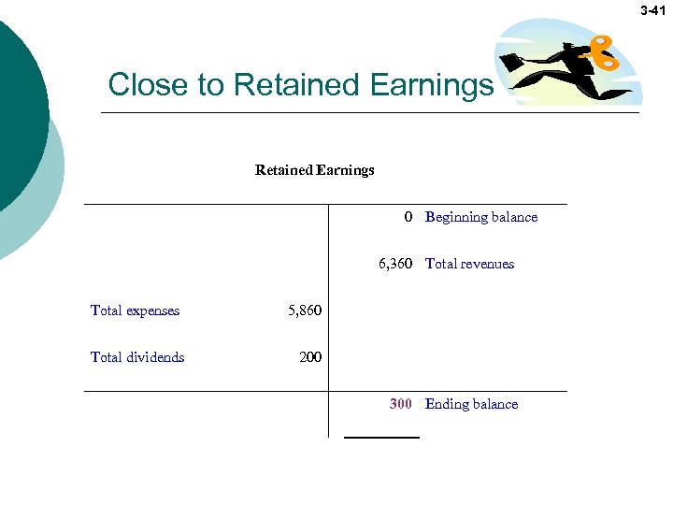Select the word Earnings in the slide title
tap(431, 85)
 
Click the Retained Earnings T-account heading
tap(314, 170)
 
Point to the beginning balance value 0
tap(408, 217)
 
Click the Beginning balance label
tap(481, 217)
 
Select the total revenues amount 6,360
tap(395, 264)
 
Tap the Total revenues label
tap(469, 264)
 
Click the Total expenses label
tap(135, 310)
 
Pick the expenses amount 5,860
tap(304, 310)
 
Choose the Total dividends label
tap(137, 357)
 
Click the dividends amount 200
tap(310, 357)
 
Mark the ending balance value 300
tap(401, 404)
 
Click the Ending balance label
tap(471, 404)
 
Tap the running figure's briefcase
tap(511, 63)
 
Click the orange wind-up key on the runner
tap(602, 53)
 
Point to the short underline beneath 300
tap(381, 437)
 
